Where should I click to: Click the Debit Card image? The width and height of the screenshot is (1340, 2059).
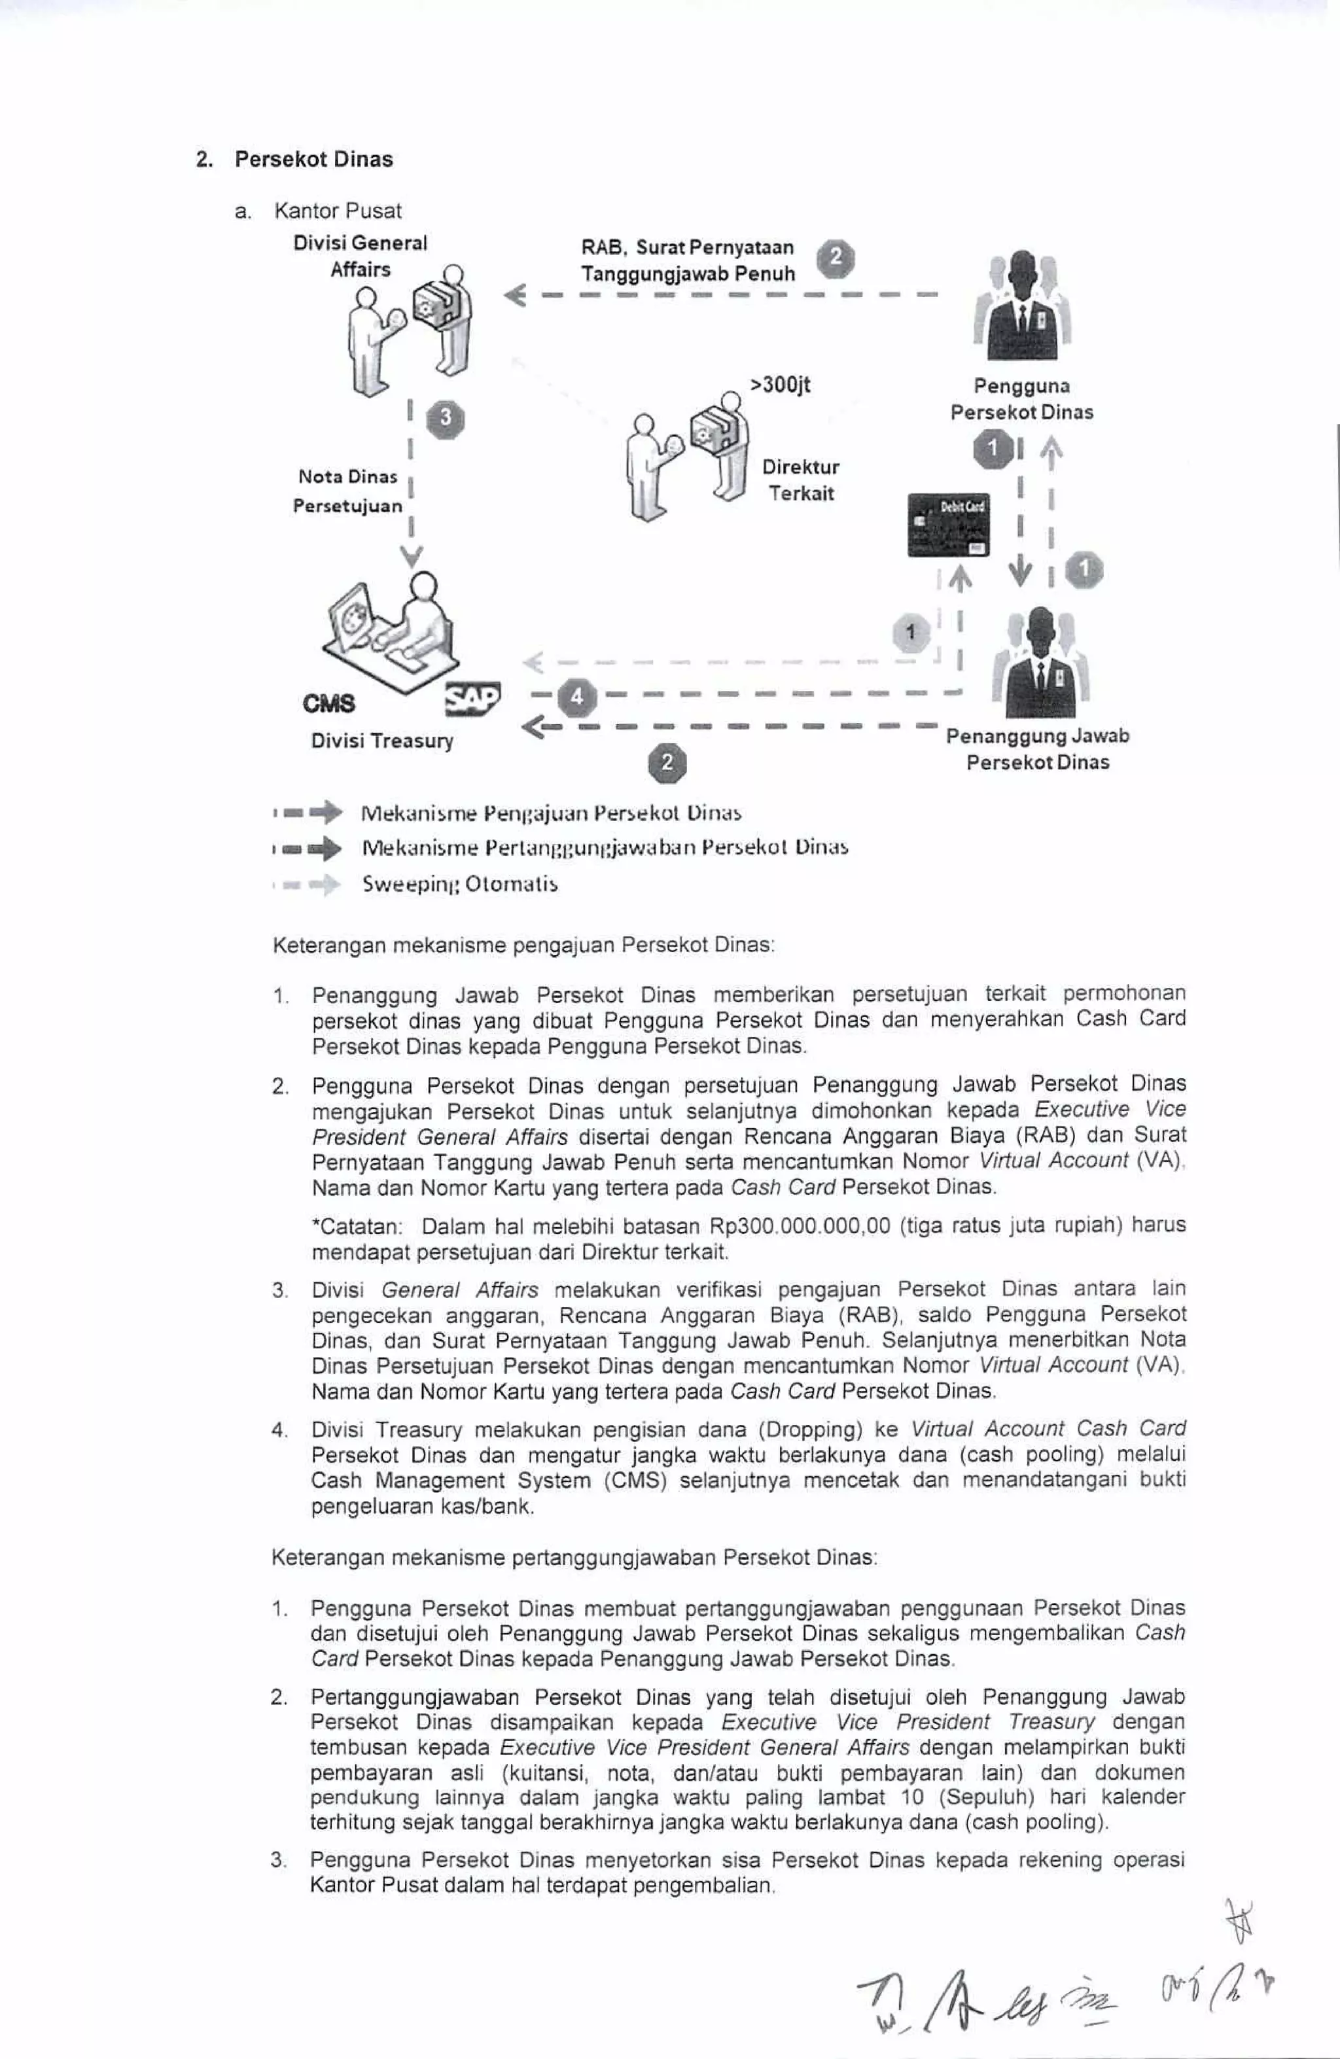pos(947,524)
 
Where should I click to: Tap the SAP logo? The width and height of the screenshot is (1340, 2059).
pos(472,699)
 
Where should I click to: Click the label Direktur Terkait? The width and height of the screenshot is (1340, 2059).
pos(800,480)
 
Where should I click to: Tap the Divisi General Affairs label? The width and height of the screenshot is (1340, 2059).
pos(360,256)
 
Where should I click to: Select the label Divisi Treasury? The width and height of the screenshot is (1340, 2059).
pos(381,741)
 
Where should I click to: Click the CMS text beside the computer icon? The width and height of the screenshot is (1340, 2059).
pos(328,703)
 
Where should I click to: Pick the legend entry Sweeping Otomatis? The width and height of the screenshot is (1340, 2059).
pos(459,884)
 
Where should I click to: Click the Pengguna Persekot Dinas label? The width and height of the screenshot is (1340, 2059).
pos(1021,399)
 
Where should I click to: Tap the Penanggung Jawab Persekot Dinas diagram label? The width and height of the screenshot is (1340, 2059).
pos(1037,749)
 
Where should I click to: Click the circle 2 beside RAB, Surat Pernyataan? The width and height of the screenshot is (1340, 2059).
pos(836,258)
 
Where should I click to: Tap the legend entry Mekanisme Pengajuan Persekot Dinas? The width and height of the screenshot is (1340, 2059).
pos(551,813)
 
